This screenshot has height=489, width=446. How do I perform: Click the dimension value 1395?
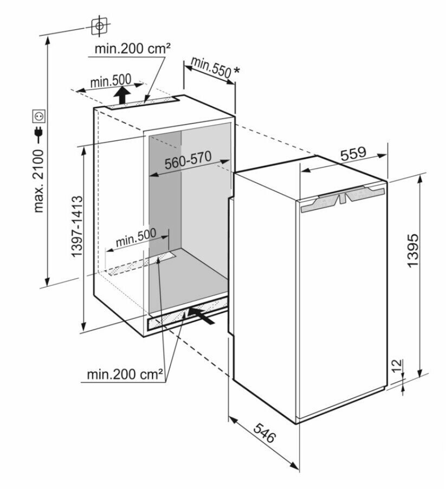pos(413,250)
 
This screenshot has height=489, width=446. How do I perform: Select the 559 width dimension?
pos(353,153)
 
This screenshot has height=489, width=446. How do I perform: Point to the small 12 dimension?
pos(398,365)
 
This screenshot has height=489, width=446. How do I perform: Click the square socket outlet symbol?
pos(39,115)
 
